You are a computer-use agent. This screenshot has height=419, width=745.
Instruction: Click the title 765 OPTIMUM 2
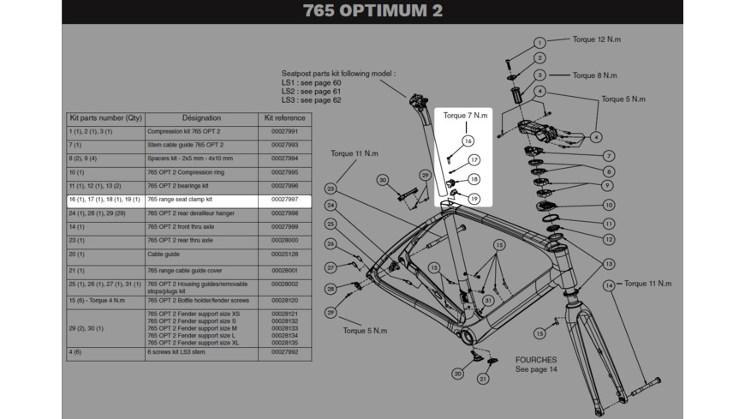[373, 12]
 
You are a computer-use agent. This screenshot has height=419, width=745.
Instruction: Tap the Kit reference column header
[284, 117]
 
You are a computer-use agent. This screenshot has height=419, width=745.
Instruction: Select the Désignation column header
[201, 117]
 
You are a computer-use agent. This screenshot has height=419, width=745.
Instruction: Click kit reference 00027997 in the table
[284, 199]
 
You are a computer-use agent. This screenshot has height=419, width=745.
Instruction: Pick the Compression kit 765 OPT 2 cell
[184, 132]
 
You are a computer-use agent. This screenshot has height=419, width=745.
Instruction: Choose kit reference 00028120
[284, 301]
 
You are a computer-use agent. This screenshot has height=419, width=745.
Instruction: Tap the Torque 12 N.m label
[597, 39]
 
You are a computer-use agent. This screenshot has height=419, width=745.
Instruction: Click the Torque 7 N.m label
[466, 115]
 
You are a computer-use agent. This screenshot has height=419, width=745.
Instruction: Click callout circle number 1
[539, 43]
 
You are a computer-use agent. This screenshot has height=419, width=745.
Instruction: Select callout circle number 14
[609, 285]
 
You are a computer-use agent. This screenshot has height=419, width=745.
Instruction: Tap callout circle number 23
[331, 189]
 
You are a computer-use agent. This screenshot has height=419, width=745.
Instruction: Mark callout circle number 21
[483, 379]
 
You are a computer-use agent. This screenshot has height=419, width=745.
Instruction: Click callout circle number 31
[487, 301]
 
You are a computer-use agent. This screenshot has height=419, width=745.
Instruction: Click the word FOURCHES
[536, 360]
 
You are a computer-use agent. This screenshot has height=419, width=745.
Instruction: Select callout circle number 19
[474, 199]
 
